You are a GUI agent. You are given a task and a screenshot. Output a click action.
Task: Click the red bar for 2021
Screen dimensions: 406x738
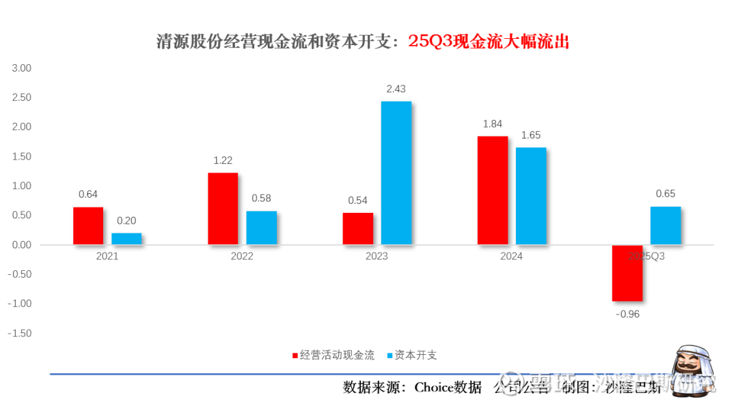(x=88, y=226)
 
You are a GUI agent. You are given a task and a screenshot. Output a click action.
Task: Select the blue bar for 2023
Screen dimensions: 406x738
(x=396, y=173)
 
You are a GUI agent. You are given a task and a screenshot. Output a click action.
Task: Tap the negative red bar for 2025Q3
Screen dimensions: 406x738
(x=627, y=273)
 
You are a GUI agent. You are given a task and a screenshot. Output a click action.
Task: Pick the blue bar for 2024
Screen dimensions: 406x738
(x=531, y=196)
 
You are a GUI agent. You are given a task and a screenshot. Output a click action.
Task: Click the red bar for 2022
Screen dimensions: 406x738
(x=223, y=209)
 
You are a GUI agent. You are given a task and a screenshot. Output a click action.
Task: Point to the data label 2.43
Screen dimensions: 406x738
(x=396, y=89)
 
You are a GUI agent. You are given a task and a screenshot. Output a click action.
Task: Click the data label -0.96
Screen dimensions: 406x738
(x=627, y=315)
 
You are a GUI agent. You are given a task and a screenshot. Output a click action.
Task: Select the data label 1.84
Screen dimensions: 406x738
(x=492, y=124)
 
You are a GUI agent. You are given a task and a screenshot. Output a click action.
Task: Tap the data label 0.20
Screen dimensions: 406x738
(x=126, y=220)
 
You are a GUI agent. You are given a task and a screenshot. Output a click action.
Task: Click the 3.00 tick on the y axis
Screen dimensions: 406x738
(x=22, y=68)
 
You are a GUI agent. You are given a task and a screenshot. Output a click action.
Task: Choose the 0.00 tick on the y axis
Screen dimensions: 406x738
(x=22, y=245)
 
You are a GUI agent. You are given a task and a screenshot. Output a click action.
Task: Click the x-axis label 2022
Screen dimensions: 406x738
(x=242, y=257)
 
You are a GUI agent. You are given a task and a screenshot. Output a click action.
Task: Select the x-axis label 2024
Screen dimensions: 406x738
(x=511, y=257)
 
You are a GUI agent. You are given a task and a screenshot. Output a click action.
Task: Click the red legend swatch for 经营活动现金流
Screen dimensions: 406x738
(x=295, y=356)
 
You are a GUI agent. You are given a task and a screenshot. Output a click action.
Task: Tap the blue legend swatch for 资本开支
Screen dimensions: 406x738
(x=389, y=356)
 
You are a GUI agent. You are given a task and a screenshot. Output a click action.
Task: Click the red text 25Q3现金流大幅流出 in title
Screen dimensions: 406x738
(x=489, y=42)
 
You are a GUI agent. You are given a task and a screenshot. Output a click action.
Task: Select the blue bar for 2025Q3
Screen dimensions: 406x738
(x=666, y=225)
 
